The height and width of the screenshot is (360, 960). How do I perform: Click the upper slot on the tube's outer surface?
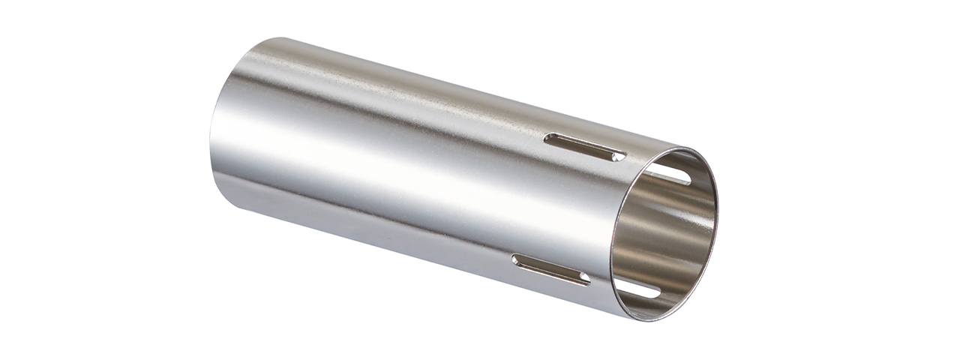pyautogui.click(x=586, y=147)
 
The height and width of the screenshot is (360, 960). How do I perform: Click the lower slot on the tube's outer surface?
pyautogui.click(x=550, y=270)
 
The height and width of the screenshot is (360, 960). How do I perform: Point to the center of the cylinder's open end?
pyautogui.click(x=664, y=232)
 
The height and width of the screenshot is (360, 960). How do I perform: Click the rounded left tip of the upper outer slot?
pyautogui.click(x=550, y=138)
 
